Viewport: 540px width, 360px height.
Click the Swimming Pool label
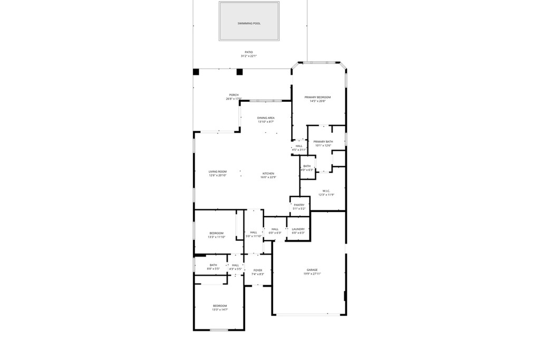click(248, 23)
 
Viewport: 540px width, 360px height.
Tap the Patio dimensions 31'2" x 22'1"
click(248, 56)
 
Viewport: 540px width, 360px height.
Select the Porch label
click(234, 95)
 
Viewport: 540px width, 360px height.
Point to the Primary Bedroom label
click(317, 97)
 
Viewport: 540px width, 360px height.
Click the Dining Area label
click(266, 118)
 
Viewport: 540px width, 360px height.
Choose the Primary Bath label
click(323, 142)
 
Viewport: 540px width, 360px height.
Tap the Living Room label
click(217, 171)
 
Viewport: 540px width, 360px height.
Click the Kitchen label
click(268, 174)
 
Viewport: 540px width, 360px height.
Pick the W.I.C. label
click(325, 191)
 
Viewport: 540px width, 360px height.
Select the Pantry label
click(299, 205)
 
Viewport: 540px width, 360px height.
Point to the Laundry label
click(298, 229)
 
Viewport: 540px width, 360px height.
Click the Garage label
click(312, 270)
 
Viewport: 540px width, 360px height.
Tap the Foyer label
click(257, 270)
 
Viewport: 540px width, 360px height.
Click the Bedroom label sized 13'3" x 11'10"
click(216, 233)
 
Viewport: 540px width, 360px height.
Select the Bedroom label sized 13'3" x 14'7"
click(219, 306)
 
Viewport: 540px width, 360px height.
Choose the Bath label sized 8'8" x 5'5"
click(213, 265)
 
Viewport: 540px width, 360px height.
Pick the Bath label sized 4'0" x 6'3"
click(307, 167)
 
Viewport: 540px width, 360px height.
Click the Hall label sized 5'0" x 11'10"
click(254, 232)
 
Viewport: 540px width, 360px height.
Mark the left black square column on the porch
click(196, 72)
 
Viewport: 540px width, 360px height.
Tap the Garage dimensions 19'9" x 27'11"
click(312, 274)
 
